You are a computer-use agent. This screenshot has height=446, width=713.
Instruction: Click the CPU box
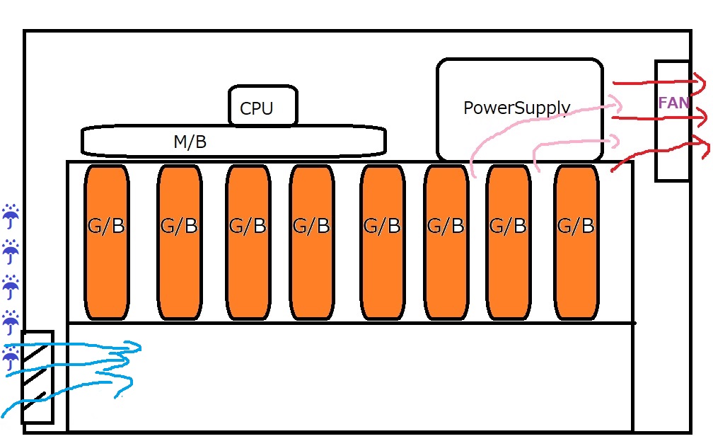[262, 107]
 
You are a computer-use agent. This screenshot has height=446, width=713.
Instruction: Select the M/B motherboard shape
[233, 140]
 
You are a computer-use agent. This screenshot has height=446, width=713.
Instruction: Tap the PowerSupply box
[520, 110]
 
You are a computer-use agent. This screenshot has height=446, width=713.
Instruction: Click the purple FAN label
[673, 103]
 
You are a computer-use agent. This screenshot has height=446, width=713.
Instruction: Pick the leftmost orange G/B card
[107, 242]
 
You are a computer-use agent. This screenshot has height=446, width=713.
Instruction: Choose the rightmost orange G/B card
[575, 242]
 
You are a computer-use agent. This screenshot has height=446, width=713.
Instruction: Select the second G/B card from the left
[179, 242]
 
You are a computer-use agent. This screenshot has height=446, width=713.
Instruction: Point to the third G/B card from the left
[248, 242]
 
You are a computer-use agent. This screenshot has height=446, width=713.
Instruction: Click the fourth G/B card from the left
[311, 242]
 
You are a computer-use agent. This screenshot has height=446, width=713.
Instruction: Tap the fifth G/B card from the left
[382, 242]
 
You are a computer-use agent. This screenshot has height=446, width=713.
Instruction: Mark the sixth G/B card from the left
[446, 242]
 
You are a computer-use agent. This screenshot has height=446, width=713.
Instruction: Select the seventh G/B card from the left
[508, 242]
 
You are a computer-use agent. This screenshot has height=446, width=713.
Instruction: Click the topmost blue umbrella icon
[11, 215]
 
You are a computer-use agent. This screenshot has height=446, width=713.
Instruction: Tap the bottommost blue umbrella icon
[11, 358]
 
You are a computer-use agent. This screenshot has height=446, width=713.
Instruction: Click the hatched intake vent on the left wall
[37, 377]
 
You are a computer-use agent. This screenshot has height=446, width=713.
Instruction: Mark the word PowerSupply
[516, 108]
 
